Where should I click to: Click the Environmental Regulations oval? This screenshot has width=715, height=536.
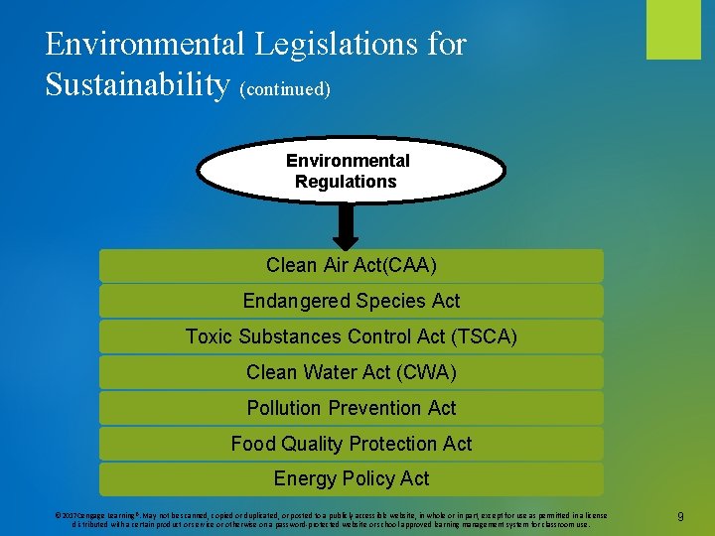(x=351, y=170)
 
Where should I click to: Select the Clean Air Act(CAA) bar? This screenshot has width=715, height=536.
(x=351, y=266)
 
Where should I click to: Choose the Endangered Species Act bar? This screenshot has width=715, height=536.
(x=351, y=301)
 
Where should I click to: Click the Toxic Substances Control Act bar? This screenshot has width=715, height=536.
(x=351, y=336)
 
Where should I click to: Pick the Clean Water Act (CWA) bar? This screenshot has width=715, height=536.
(x=351, y=372)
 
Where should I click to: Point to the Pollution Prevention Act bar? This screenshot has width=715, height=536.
(x=351, y=408)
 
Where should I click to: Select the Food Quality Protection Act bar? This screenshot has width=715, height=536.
(x=351, y=444)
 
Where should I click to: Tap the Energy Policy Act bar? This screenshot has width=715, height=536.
(x=351, y=478)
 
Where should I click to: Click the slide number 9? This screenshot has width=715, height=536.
(x=679, y=516)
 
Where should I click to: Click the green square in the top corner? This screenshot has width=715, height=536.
(x=673, y=29)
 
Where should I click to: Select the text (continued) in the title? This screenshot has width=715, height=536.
(x=285, y=89)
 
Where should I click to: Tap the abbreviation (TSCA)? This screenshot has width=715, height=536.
(x=484, y=336)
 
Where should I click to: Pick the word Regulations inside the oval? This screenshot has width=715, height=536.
(x=346, y=182)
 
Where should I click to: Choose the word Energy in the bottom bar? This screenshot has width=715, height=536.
(x=306, y=478)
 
